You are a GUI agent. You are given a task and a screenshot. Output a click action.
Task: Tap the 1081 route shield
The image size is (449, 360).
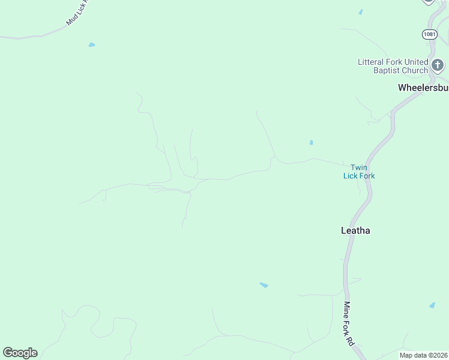point(429,34)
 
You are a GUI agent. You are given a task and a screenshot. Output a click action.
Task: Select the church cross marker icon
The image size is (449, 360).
point(438,65)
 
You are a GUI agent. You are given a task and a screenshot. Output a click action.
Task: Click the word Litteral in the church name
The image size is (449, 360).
point(372,62)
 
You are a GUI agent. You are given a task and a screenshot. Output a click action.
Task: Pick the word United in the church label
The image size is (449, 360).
point(417,62)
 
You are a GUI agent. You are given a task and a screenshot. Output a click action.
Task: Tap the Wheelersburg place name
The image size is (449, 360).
point(423,88)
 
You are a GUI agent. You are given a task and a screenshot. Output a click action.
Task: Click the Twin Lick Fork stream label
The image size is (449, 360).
point(359,172)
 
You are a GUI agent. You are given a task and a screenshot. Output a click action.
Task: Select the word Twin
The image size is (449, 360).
point(359,167)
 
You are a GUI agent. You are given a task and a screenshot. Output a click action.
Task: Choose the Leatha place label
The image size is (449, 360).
point(355,230)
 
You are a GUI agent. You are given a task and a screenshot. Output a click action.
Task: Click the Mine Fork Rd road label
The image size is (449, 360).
point(348,324)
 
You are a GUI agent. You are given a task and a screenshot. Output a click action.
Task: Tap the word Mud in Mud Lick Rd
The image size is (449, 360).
point(71,20)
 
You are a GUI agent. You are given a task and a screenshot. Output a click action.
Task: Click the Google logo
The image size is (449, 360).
point(20,353)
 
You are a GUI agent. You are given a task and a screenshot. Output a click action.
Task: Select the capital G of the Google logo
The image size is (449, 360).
point(8,353)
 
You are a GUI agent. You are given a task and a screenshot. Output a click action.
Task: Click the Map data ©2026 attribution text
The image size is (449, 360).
point(423,355)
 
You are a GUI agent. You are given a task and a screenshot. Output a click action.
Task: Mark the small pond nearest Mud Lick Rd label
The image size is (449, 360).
point(92,44)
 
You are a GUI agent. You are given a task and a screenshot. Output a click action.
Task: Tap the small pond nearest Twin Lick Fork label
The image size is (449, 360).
point(311,142)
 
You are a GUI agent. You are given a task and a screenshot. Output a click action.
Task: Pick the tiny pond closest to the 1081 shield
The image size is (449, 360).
point(361,12)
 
